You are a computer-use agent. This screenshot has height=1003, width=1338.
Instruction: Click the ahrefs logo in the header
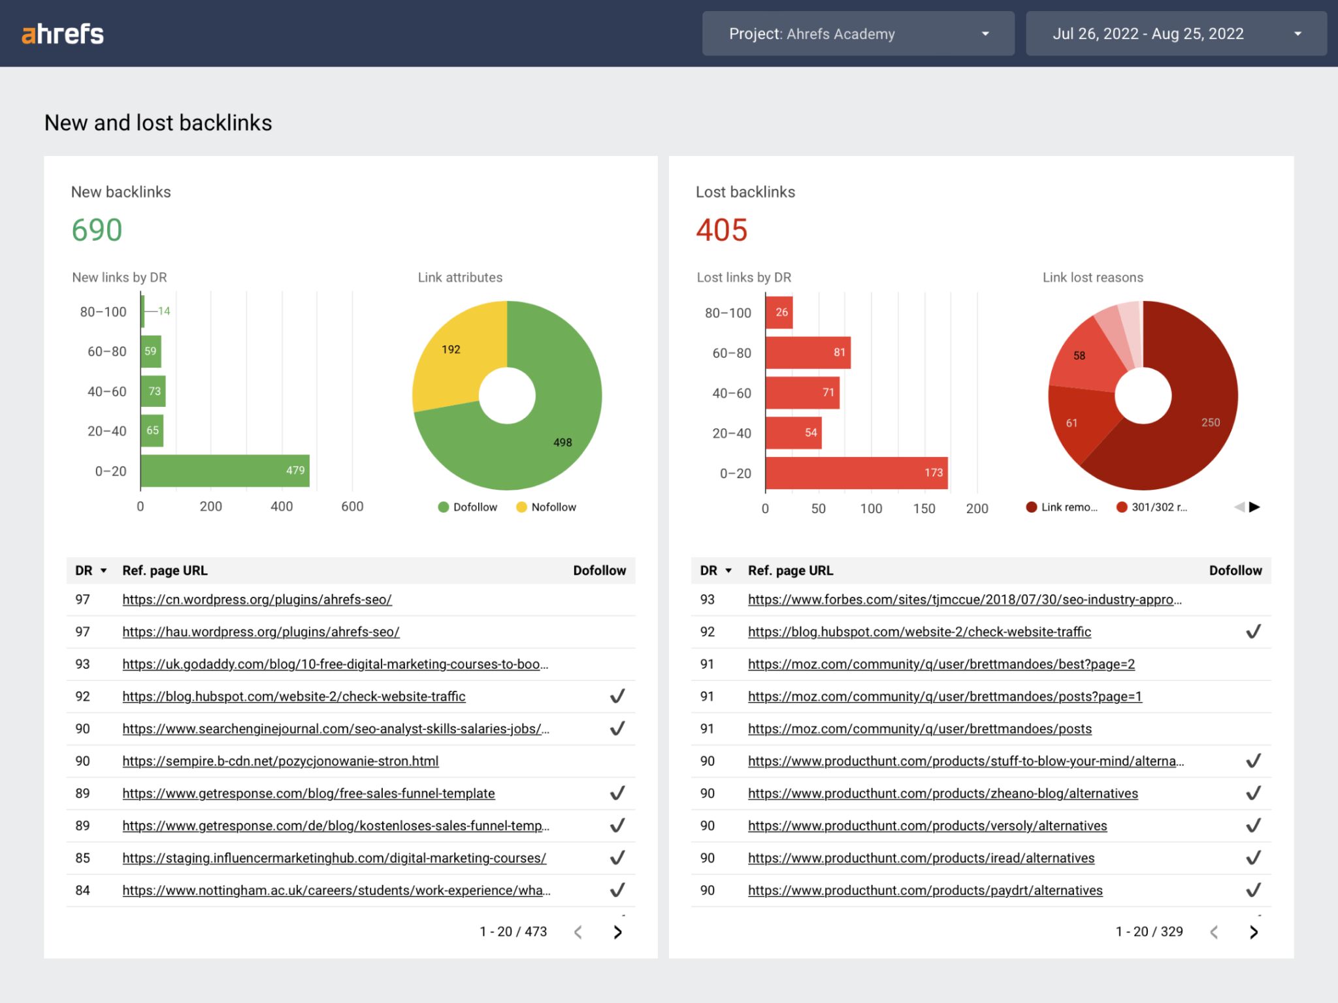63,34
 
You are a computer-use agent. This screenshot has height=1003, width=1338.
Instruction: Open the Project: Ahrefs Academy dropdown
857,34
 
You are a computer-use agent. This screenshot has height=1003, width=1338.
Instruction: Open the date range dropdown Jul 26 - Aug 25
1175,34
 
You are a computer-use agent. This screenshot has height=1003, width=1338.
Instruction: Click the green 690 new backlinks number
97,230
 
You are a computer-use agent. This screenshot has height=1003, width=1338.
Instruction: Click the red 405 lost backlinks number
721,230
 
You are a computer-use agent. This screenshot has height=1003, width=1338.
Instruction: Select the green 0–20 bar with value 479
225,471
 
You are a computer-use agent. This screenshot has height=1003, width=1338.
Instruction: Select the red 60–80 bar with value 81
808,353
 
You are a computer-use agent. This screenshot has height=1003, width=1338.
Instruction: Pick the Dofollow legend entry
468,507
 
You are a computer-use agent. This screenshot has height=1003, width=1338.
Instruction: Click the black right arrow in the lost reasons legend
1254,507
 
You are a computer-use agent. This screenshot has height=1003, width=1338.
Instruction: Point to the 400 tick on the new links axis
282,507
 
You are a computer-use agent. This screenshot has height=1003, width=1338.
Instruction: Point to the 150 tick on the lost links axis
924,509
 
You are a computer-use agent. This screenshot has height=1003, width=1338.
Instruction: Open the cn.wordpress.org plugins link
257,599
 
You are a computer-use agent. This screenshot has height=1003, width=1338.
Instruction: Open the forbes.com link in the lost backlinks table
964,599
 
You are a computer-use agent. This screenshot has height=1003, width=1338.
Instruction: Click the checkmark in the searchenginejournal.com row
617,728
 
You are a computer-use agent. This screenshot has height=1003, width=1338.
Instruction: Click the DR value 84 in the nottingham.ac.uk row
82,891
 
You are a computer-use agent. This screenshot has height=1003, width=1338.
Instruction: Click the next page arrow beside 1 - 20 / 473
617,932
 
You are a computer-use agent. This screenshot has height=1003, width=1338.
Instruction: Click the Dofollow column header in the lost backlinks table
1235,571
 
